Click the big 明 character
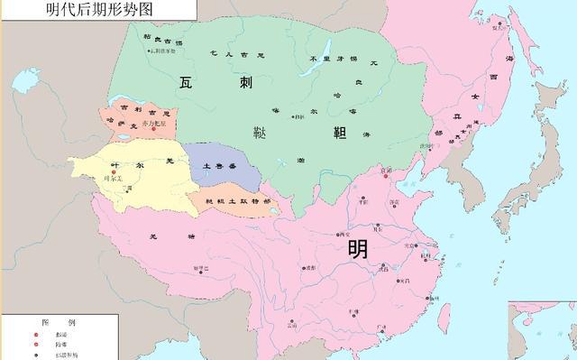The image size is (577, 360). coord(357,246)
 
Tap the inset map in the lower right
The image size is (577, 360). coord(542,330)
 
